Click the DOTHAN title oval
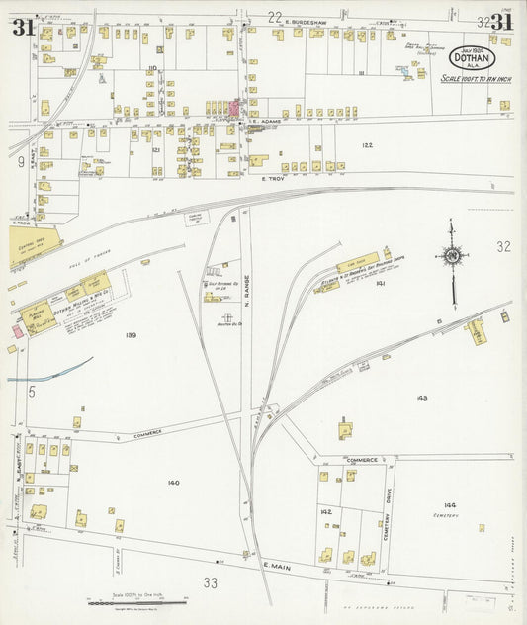(472, 56)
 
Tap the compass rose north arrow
(453, 260)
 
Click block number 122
(367, 145)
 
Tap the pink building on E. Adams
(236, 108)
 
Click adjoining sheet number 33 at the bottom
(211, 583)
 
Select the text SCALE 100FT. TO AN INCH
(471, 79)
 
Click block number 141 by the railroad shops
(379, 284)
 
